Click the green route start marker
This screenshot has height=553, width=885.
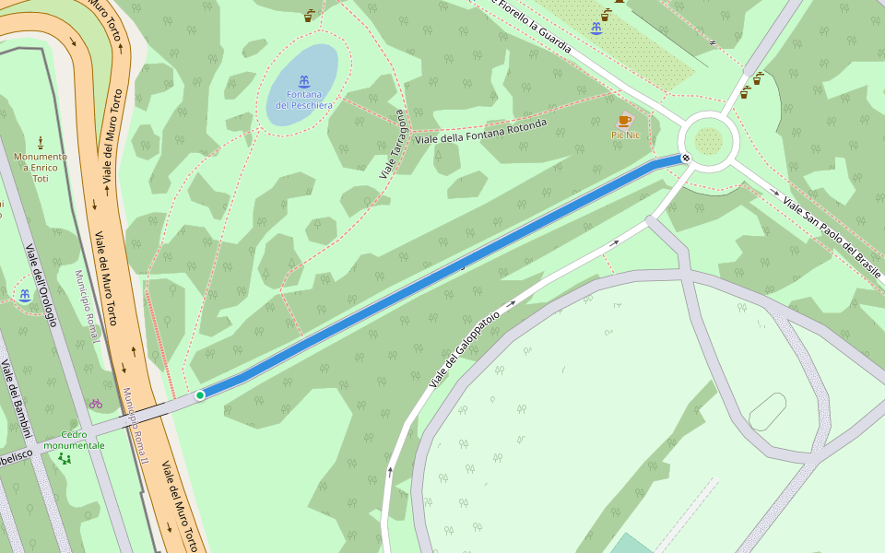pyautogui.click(x=200, y=395)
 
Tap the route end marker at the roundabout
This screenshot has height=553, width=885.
pyautogui.click(x=686, y=158)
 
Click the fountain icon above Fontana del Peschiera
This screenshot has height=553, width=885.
pyautogui.click(x=303, y=80)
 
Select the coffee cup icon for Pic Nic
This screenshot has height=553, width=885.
pyautogui.click(x=624, y=121)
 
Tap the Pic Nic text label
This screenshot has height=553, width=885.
pyautogui.click(x=625, y=135)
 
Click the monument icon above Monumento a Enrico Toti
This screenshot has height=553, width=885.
pyautogui.click(x=41, y=142)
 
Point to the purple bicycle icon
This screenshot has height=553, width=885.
pyautogui.click(x=96, y=404)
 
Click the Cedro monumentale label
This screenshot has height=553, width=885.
pyautogui.click(x=74, y=440)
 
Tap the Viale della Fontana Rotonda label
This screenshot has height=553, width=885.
pyautogui.click(x=480, y=132)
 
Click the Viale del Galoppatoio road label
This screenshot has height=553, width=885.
pyautogui.click(x=465, y=348)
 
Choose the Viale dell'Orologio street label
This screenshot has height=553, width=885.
pyautogui.click(x=41, y=285)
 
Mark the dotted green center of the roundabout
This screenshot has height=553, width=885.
pyautogui.click(x=708, y=142)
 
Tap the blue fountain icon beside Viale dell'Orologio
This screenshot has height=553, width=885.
pyautogui.click(x=24, y=296)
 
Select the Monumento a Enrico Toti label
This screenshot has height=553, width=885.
pyautogui.click(x=41, y=167)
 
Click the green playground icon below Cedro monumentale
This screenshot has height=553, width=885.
pyautogui.click(x=64, y=458)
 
